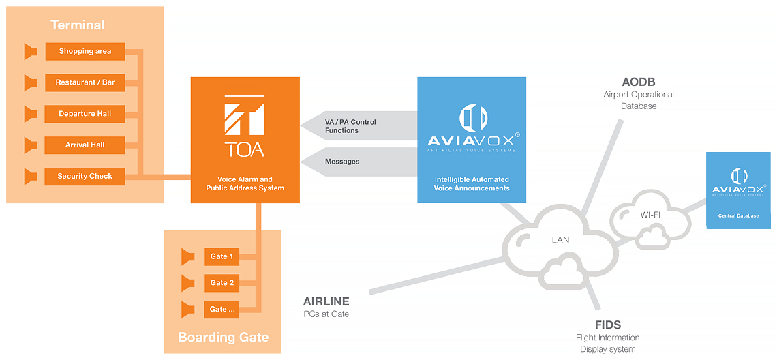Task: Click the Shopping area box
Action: (x=85, y=51)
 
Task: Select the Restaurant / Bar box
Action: (x=85, y=82)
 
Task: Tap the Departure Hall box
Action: (x=85, y=114)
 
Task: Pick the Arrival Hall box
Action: (x=85, y=145)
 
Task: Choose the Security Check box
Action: (x=85, y=176)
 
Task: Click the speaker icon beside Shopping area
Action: (x=31, y=51)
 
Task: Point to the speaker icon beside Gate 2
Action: (x=188, y=283)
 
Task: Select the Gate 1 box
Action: (x=222, y=256)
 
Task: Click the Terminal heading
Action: (x=78, y=25)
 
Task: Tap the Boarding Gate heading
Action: (x=223, y=337)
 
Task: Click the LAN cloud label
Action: (x=560, y=240)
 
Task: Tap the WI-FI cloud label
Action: (x=650, y=215)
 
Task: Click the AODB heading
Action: (x=639, y=82)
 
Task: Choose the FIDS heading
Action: (x=607, y=325)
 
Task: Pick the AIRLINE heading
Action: (x=326, y=301)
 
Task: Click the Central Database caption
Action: (x=737, y=215)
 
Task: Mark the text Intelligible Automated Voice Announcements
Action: (x=472, y=183)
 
